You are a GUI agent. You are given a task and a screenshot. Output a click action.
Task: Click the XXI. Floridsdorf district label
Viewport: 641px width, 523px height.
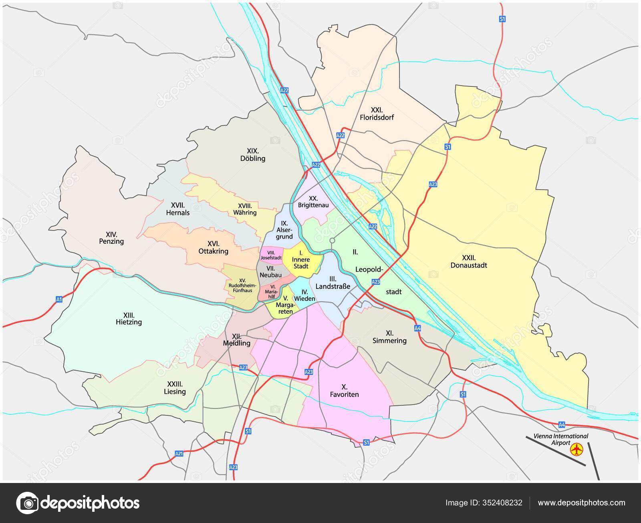(377, 114)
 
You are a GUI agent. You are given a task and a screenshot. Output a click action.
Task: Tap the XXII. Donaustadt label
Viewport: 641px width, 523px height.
(468, 261)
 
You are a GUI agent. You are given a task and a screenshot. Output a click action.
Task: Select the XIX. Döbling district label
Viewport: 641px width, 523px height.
(253, 154)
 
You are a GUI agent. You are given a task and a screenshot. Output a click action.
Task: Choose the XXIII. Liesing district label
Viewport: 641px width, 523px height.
(175, 387)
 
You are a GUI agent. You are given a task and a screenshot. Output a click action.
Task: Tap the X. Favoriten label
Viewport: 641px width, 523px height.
(344, 391)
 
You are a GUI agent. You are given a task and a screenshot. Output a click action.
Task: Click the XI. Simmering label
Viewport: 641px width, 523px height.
(389, 337)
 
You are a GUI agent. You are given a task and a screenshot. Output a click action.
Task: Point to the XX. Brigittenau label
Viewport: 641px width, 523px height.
(313, 202)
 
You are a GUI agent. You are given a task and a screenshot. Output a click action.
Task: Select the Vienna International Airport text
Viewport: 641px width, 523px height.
(560, 439)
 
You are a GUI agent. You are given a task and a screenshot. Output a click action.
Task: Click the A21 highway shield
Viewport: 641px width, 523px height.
(179, 453)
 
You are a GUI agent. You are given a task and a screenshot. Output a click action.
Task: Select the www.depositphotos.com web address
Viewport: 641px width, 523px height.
(581, 503)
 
